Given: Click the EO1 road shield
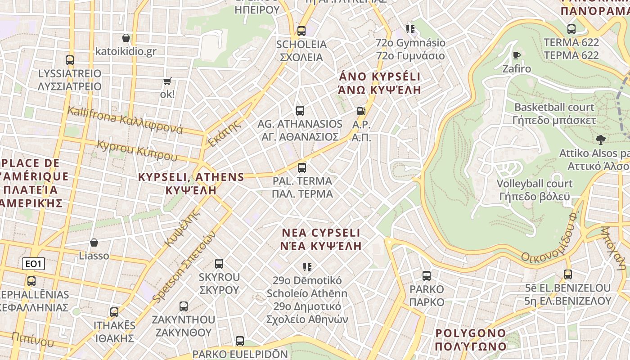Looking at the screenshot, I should (34, 264).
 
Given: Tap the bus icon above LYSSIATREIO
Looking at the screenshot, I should (70, 60).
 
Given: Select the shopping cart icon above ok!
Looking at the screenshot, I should (167, 81).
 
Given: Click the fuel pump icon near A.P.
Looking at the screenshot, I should (361, 111).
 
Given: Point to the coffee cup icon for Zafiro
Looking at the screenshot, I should (517, 55).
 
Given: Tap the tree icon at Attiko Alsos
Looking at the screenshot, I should (600, 139).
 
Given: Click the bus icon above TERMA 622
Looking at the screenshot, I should (571, 29).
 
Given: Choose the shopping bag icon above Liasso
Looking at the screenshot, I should (94, 243).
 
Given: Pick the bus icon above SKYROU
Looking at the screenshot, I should (219, 263).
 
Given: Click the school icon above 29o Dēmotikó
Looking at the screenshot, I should (307, 267).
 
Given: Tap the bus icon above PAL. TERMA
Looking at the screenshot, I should (302, 168).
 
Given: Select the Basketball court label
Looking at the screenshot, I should (554, 108).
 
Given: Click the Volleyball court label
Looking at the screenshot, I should (535, 184).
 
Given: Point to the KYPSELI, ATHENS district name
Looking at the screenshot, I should (191, 177).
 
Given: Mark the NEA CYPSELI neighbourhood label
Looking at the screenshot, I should (321, 233).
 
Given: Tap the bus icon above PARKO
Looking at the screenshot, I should (427, 276).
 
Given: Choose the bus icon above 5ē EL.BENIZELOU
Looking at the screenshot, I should (568, 274).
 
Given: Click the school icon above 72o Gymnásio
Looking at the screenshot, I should (410, 29).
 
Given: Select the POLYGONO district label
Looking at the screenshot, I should (471, 333).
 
